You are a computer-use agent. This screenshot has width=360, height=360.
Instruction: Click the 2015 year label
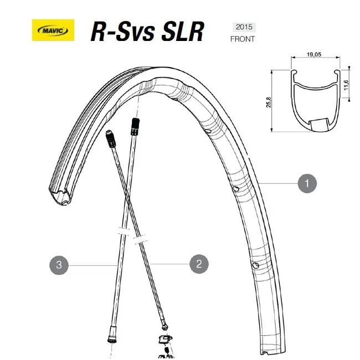tap(242, 27)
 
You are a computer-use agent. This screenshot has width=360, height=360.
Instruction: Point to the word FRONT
tap(243, 39)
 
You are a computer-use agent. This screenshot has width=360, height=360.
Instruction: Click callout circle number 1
tap(307, 183)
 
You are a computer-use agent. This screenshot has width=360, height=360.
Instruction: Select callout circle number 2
tap(199, 264)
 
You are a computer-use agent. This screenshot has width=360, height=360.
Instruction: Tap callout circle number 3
tap(59, 265)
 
